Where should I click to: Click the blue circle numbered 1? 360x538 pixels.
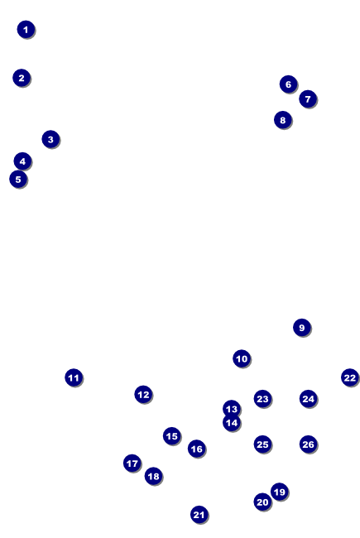pos(26,30)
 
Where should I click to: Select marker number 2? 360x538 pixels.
pos(22,78)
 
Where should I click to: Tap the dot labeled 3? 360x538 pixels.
pos(50,139)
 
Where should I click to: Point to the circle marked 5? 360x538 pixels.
pos(18,179)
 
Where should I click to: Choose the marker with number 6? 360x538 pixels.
pos(289,84)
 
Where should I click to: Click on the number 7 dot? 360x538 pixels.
pos(308,99)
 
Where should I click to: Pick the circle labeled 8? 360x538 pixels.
pos(283,120)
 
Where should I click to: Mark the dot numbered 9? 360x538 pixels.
pos(302,328)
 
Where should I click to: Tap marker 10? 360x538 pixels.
pos(242,359)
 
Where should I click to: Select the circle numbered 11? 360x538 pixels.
pos(74,377)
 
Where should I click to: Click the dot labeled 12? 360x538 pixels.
pos(143,395)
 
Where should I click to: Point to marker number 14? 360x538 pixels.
pos(232,423)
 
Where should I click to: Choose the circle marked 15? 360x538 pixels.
pos(172,436)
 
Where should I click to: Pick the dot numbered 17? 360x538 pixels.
pos(132,464)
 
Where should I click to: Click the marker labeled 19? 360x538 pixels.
pos(280,492)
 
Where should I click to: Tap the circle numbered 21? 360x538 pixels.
pos(199,515)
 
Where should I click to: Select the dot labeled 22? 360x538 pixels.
pos(350,377)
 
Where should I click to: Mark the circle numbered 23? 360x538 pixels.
pos(263,399)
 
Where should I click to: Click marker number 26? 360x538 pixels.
pos(309,444)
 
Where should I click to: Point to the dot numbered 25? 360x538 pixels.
pos(263,444)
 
